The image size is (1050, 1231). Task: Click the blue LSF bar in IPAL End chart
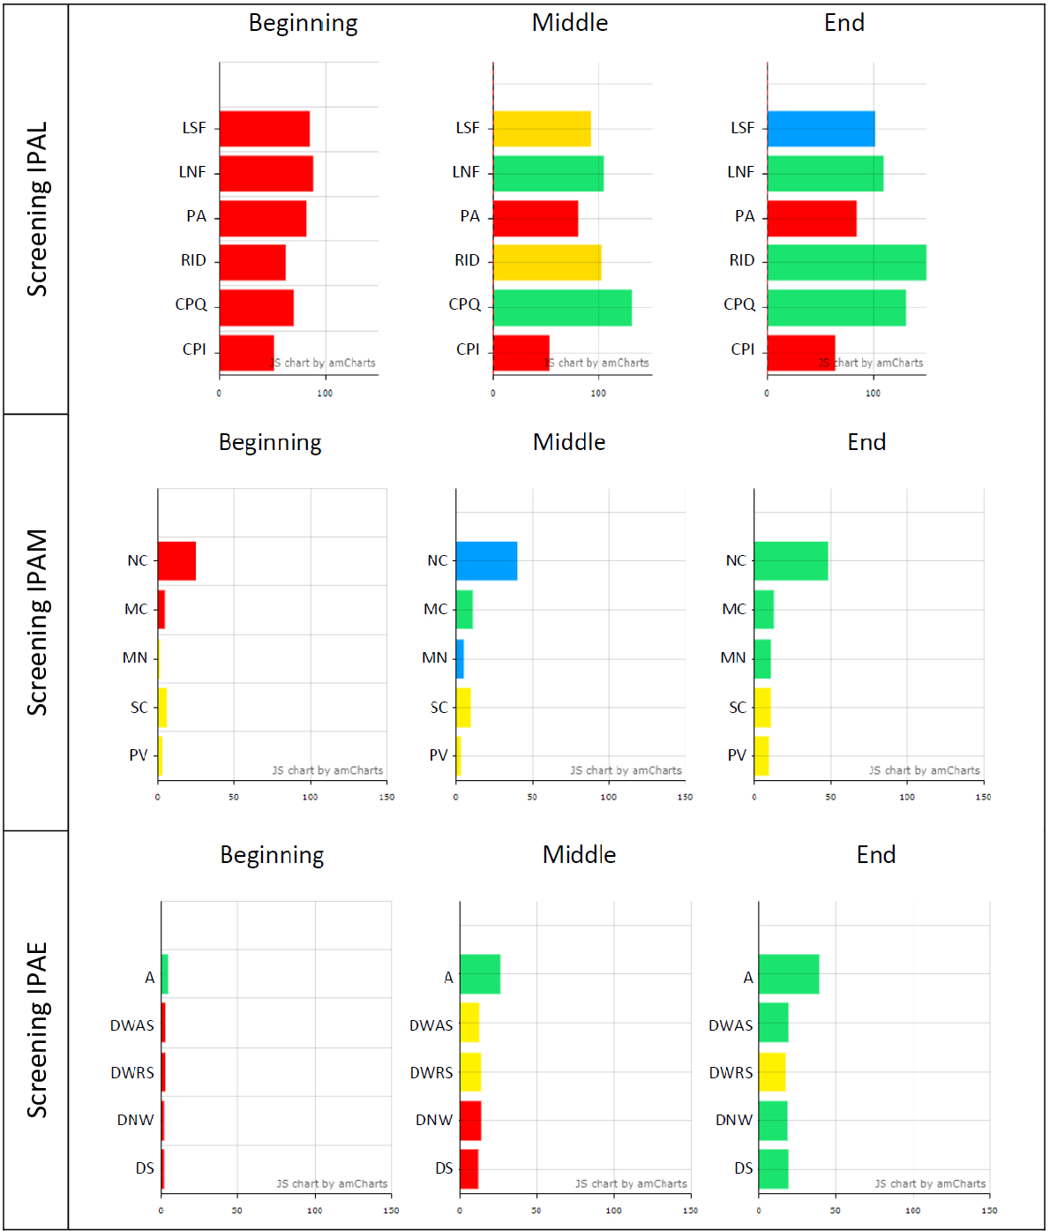(x=821, y=129)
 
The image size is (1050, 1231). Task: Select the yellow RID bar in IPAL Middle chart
(x=547, y=262)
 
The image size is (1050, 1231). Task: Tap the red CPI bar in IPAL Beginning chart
(x=246, y=353)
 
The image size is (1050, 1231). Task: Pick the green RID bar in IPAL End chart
(x=846, y=262)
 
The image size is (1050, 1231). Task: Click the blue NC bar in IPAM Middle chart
(x=486, y=561)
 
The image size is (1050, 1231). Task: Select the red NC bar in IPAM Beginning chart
(x=176, y=561)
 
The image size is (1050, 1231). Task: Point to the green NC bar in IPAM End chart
(x=791, y=561)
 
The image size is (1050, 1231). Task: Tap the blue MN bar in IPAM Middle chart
(x=460, y=659)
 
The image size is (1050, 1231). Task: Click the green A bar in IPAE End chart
(x=789, y=974)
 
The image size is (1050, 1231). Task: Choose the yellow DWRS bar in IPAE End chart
(x=772, y=1072)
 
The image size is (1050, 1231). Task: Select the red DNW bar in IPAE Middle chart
(x=470, y=1121)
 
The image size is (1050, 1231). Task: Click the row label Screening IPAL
(x=37, y=209)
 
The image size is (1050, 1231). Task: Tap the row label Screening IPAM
(x=37, y=622)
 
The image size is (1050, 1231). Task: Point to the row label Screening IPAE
(x=37, y=1030)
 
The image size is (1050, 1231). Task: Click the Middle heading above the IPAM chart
(x=569, y=442)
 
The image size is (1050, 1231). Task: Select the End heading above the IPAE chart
(x=876, y=855)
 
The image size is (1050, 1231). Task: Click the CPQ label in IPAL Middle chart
(x=465, y=304)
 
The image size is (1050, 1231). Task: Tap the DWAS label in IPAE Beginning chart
(x=132, y=1025)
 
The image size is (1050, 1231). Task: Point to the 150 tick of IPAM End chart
(x=983, y=797)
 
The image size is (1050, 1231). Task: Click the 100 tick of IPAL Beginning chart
(x=325, y=394)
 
